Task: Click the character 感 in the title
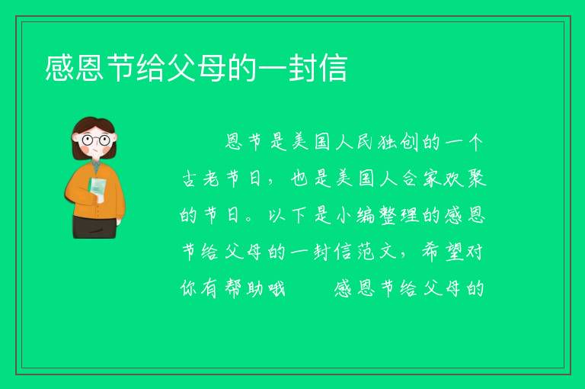click(59, 68)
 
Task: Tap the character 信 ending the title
click(334, 68)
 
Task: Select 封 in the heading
click(303, 68)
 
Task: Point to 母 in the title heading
click(212, 68)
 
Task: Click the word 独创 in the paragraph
click(398, 142)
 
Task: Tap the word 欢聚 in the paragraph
click(465, 178)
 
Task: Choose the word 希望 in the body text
click(443, 252)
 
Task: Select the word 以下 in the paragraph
click(288, 215)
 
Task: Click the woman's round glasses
click(95, 140)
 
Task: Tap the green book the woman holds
click(97, 190)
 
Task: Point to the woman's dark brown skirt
click(94, 227)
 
